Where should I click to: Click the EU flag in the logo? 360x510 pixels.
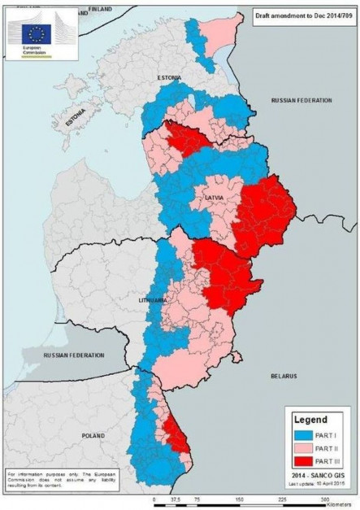click(x=36, y=33)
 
